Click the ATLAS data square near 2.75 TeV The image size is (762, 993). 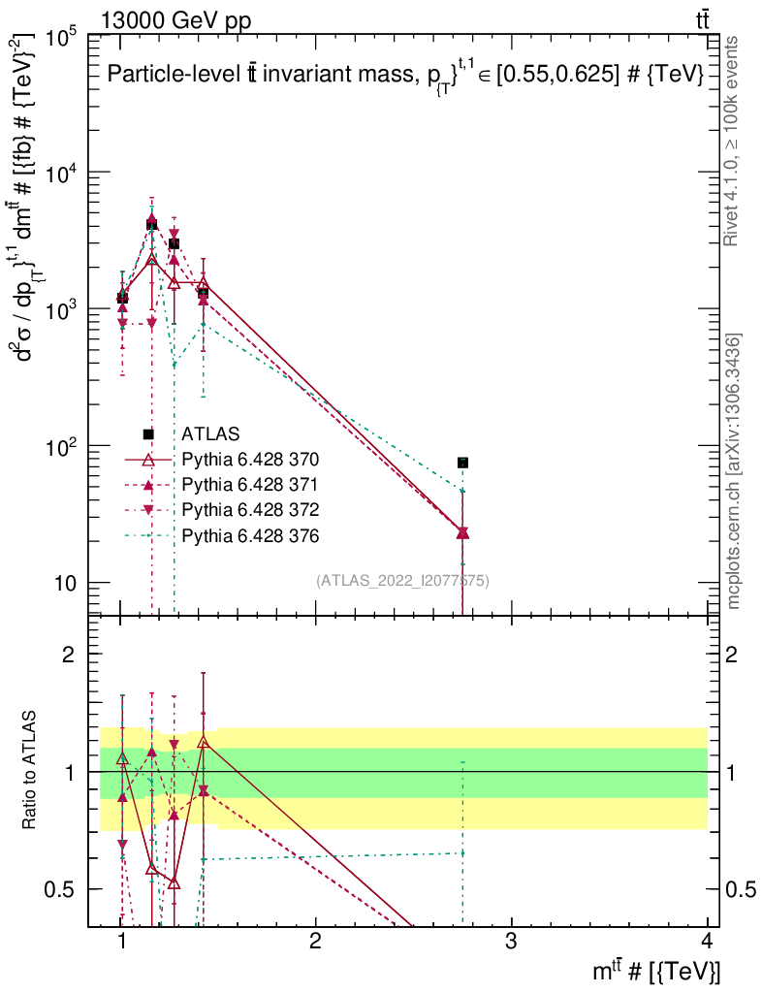click(x=463, y=463)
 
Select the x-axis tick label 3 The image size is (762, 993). click(x=511, y=942)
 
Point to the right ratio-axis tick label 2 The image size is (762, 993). click(x=733, y=654)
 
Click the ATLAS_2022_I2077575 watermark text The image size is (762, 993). click(x=402, y=581)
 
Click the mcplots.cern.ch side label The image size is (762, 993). click(x=734, y=471)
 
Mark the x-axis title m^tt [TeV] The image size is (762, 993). click(x=658, y=971)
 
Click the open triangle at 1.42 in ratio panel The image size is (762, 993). click(x=203, y=742)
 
